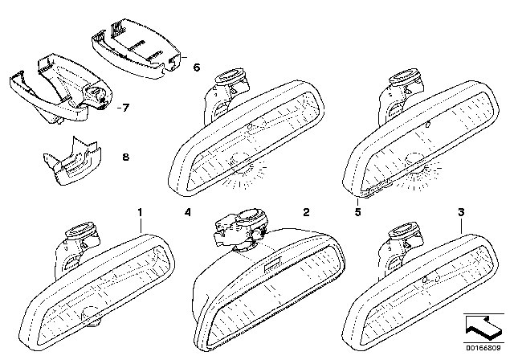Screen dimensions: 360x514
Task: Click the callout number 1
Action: (140, 213)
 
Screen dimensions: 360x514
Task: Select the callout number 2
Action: (305, 213)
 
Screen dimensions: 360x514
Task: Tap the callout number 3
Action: (462, 213)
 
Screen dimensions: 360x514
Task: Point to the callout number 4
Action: (187, 213)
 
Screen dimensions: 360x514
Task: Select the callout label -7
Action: (121, 107)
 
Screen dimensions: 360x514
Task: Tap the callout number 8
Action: (124, 159)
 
